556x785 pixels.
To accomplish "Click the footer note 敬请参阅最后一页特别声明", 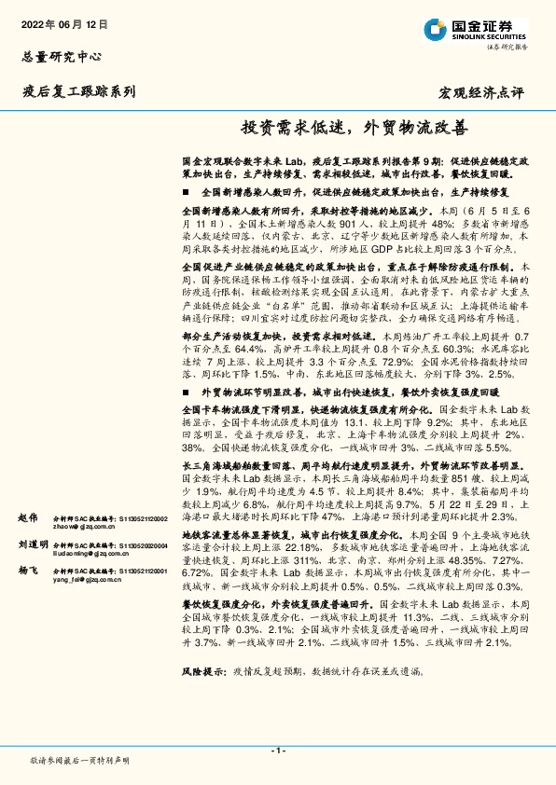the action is [80, 761].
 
